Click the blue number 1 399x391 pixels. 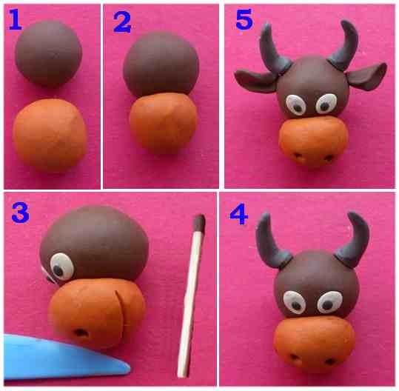click(16, 19)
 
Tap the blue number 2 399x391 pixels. click(122, 22)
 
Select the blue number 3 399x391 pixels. click(21, 213)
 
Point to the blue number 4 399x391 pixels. click(238, 214)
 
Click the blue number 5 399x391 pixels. click(244, 19)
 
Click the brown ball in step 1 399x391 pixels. click(49, 53)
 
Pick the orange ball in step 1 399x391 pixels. click(50, 135)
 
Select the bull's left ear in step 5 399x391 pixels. click(255, 80)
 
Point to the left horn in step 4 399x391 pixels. click(270, 242)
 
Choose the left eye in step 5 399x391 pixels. click(295, 105)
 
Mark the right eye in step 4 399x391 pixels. click(329, 302)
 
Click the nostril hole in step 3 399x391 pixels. click(81, 332)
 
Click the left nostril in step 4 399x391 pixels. click(295, 357)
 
